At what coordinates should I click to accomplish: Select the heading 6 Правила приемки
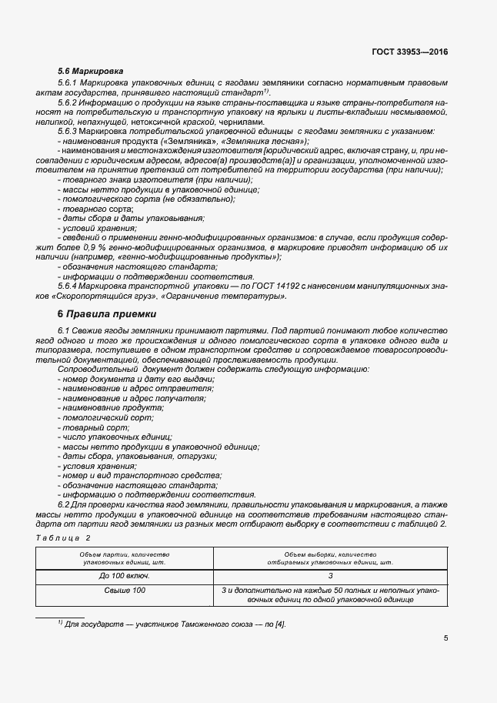(x=107, y=314)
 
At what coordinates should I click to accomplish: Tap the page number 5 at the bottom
(x=446, y=638)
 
